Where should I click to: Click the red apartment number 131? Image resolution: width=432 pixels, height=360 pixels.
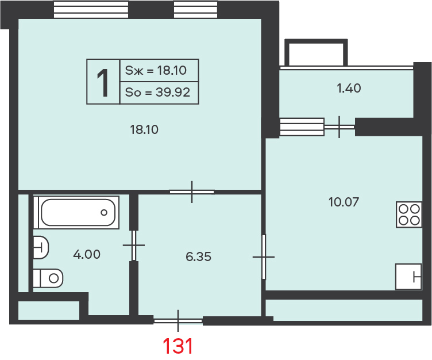(178, 346)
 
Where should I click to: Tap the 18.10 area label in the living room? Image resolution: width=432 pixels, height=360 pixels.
(144, 129)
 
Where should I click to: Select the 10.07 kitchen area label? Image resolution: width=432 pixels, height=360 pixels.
(344, 202)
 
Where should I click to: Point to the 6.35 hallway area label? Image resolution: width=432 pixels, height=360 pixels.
(198, 257)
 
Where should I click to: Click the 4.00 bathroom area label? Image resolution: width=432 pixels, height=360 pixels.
(87, 254)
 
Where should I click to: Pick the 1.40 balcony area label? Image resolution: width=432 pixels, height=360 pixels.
(349, 89)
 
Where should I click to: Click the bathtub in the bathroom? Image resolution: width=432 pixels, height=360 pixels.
(78, 212)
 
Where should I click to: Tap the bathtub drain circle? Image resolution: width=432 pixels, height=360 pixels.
(104, 212)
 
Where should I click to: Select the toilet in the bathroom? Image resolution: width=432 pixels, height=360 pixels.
(48, 278)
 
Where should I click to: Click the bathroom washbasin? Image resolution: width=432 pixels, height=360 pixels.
(41, 247)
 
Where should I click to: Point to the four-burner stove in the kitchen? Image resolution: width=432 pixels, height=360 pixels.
(409, 215)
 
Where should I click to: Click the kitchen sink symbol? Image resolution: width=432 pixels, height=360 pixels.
(408, 277)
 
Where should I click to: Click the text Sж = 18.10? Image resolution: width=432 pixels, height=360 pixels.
(156, 70)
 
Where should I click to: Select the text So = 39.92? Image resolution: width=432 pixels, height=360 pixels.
(157, 92)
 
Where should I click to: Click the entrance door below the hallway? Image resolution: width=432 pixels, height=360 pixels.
(178, 320)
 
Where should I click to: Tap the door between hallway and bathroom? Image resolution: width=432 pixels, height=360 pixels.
(134, 245)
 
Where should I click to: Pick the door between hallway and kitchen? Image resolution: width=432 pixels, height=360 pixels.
(264, 257)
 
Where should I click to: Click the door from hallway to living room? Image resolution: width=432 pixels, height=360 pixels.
(192, 192)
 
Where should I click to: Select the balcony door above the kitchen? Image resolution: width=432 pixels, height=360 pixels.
(339, 127)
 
